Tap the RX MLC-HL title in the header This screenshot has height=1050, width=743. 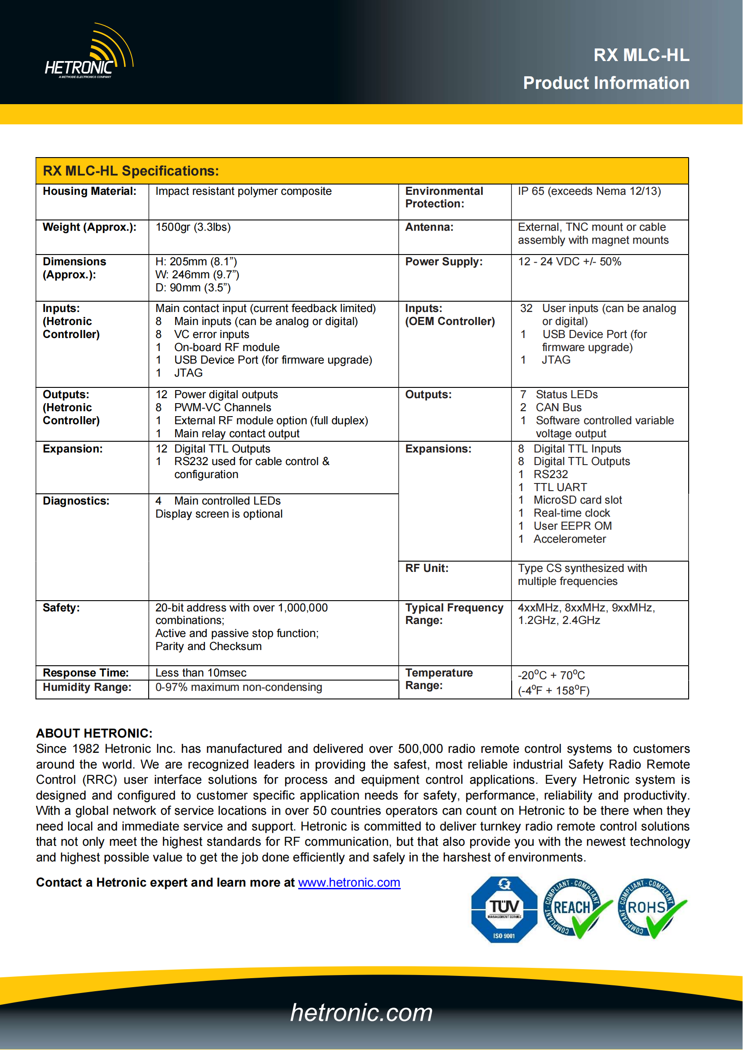pyautogui.click(x=641, y=55)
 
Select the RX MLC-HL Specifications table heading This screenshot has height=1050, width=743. pyautogui.click(x=131, y=171)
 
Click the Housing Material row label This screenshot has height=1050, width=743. pyautogui.click(x=90, y=191)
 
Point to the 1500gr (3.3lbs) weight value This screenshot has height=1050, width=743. pyautogui.click(x=193, y=227)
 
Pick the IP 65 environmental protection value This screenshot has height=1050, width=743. pyautogui.click(x=589, y=191)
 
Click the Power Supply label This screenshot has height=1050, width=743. pyautogui.click(x=444, y=262)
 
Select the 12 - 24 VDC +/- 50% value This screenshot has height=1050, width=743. pyautogui.click(x=570, y=262)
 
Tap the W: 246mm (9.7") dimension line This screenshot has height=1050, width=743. pyautogui.click(x=197, y=274)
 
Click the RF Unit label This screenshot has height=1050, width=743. pyautogui.click(x=427, y=568)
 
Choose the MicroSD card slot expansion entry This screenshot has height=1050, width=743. pyautogui.click(x=577, y=500)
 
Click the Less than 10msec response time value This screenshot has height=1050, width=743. pyautogui.click(x=201, y=673)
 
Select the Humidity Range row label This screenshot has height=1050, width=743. pyautogui.click(x=87, y=687)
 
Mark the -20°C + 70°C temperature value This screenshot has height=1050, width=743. pyautogui.click(x=551, y=675)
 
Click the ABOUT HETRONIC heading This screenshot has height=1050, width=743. pyautogui.click(x=94, y=733)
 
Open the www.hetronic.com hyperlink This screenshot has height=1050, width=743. pyautogui.click(x=349, y=883)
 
